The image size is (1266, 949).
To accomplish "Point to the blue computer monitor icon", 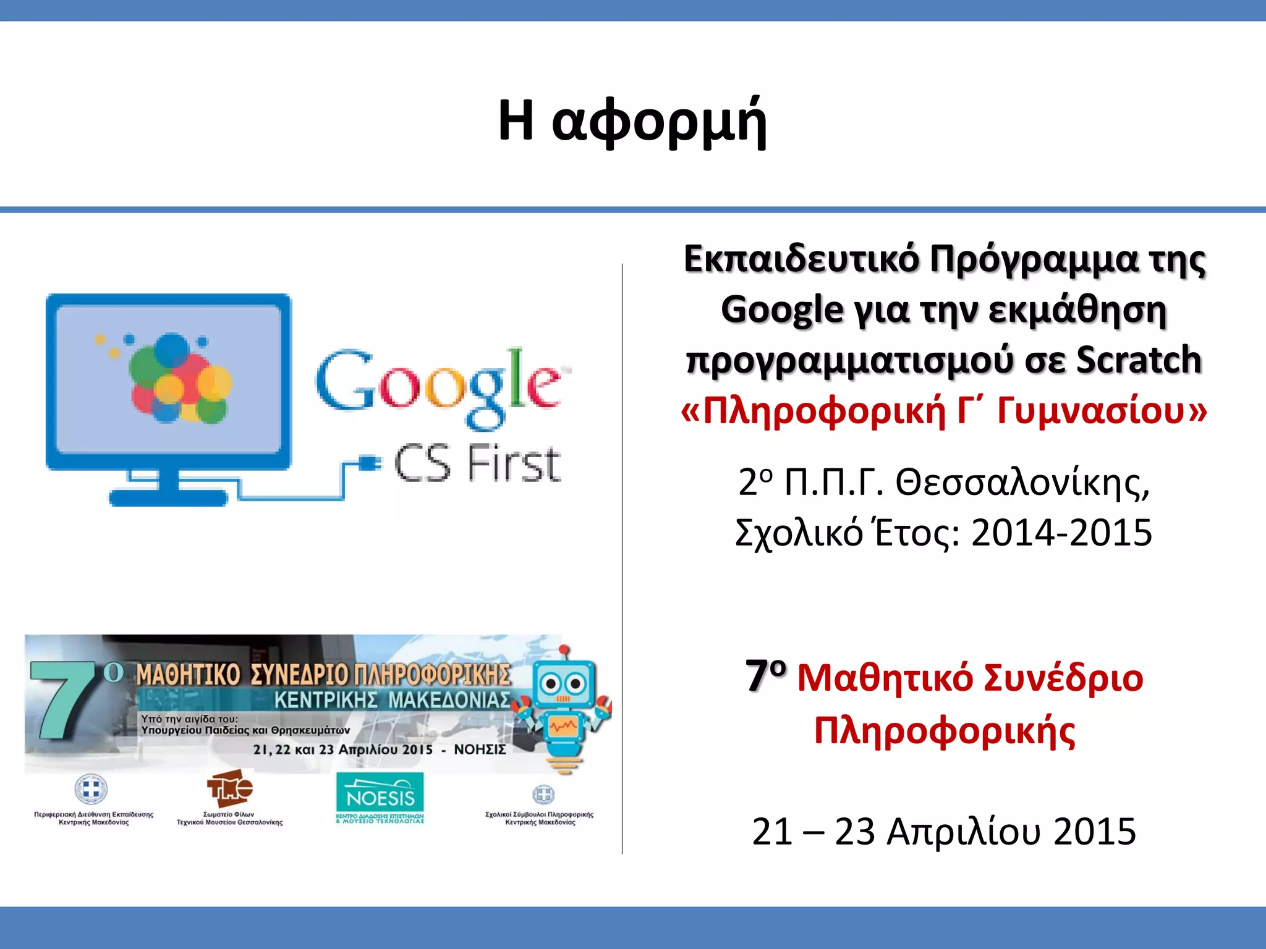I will tap(168, 395).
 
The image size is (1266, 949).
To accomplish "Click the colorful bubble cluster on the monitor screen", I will tap(176, 380).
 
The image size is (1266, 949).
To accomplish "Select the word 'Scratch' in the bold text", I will tap(1139, 360).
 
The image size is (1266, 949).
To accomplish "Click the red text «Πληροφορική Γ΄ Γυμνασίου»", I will tap(943, 411).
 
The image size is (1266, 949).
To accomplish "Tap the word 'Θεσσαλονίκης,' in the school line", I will tap(1023, 483).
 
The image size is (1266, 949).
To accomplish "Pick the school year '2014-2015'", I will tap(1061, 533).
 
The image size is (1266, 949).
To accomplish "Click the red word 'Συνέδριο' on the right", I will tap(1063, 678).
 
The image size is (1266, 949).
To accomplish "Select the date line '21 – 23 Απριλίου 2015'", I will tap(943, 832).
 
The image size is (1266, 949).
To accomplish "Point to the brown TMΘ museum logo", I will tap(229, 788).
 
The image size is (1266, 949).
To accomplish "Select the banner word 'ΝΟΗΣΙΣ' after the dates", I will tap(480, 749).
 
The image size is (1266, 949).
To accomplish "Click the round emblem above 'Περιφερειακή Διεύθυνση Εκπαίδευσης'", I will tap(91, 790).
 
